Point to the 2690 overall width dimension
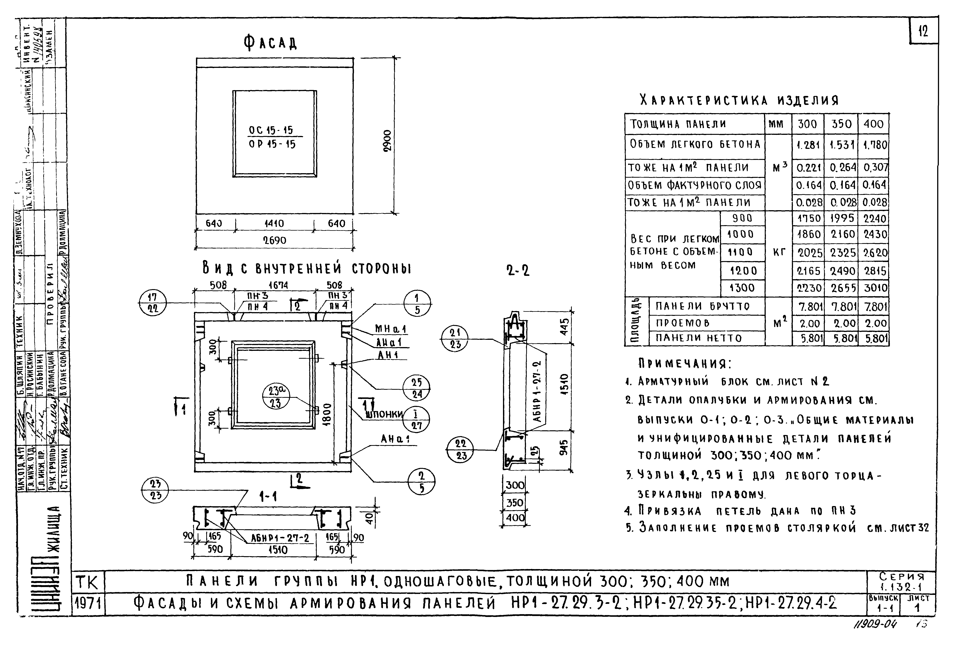274,240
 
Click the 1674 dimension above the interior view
278,285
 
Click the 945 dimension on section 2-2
565,448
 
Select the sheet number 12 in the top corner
923,31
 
